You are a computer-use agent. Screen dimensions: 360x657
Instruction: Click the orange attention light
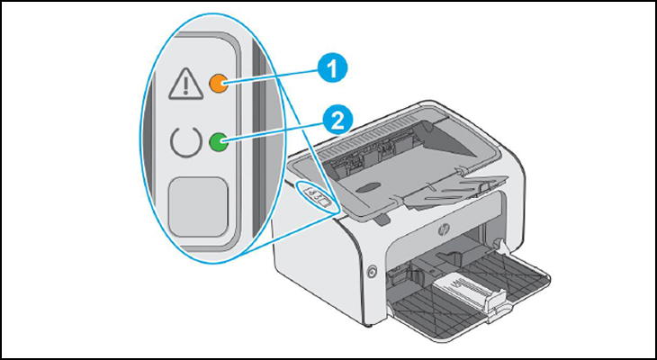click(x=217, y=83)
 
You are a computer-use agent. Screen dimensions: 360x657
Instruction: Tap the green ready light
click(x=217, y=141)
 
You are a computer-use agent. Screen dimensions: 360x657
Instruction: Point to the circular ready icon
click(x=184, y=142)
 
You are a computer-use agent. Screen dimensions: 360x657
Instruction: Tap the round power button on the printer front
click(x=371, y=269)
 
